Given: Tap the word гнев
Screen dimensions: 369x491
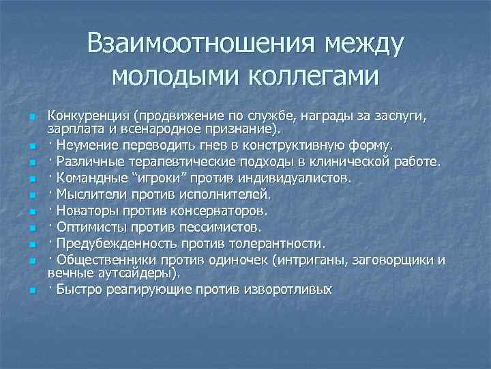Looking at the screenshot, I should pyautogui.click(x=213, y=144).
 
